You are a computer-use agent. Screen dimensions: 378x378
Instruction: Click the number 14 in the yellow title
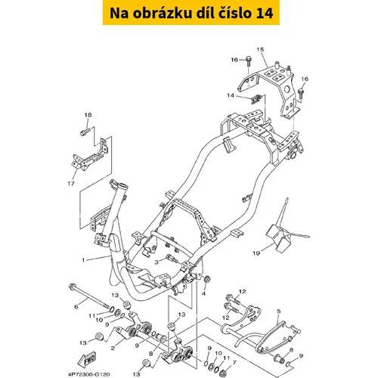tap(264, 13)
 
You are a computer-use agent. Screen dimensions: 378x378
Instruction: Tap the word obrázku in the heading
tap(163, 13)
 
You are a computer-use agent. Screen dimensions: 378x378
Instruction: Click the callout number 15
tap(260, 49)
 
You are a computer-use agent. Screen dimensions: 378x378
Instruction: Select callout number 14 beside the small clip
tap(231, 95)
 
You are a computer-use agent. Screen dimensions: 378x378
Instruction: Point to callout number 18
tap(88, 115)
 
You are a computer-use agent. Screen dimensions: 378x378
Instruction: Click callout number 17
tap(71, 184)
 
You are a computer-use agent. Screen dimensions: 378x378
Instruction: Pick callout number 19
tap(256, 253)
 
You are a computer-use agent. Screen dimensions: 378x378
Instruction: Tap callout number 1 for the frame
tap(83, 260)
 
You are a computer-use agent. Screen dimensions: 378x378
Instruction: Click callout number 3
tap(156, 262)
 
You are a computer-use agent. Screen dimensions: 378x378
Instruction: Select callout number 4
tap(203, 293)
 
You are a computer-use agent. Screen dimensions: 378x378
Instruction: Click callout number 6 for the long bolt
tap(76, 307)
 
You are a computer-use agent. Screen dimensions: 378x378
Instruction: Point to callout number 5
tap(279, 311)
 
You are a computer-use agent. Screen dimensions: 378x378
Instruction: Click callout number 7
tap(234, 363)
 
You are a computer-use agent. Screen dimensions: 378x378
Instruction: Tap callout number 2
tap(113, 348)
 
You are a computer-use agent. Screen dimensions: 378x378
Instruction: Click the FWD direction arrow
tap(87, 359)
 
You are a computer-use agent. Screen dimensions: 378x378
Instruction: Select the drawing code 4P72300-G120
tap(88, 374)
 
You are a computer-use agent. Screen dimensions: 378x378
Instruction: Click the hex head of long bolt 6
tap(72, 287)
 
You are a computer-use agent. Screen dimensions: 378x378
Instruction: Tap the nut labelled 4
tap(207, 279)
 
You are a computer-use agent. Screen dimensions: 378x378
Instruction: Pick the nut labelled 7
tap(223, 373)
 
